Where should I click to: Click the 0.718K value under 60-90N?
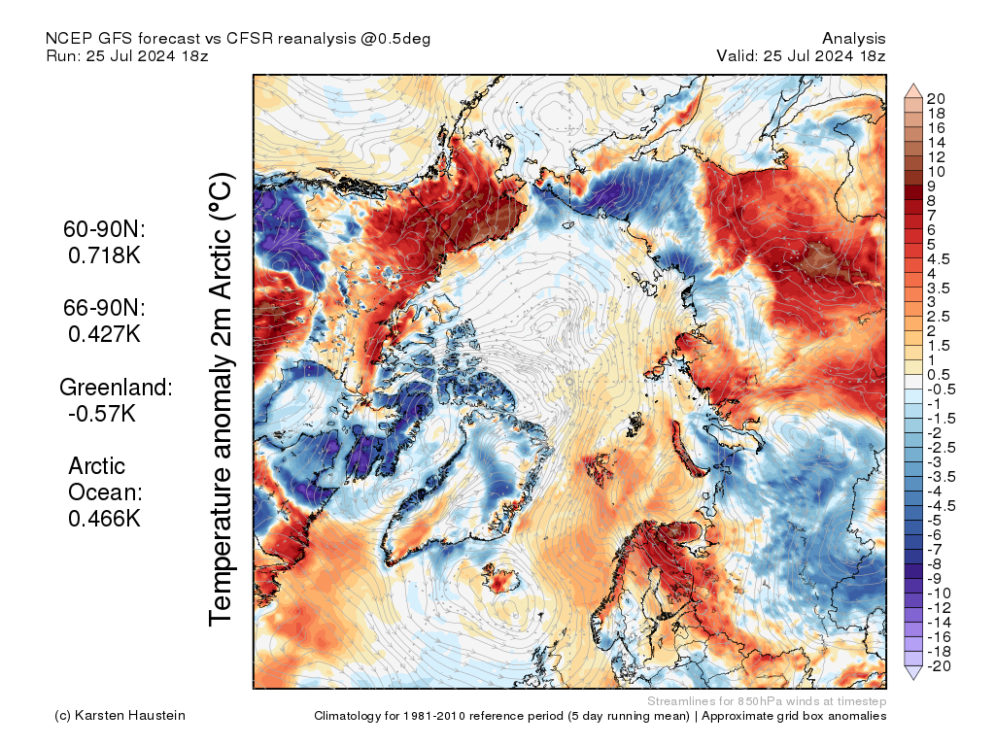pyautogui.click(x=105, y=256)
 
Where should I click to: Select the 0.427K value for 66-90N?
pyautogui.click(x=105, y=334)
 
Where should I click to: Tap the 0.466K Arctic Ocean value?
pyautogui.click(x=105, y=518)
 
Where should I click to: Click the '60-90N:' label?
pyautogui.click(x=103, y=230)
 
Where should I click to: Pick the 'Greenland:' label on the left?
pyautogui.click(x=117, y=387)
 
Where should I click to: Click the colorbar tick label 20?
pyautogui.click(x=937, y=98)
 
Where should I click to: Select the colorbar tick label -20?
pyautogui.click(x=939, y=665)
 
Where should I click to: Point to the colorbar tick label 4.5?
pyautogui.click(x=940, y=258)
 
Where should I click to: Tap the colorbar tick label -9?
pyautogui.click(x=935, y=578)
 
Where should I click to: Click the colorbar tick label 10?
pyautogui.click(x=936, y=171)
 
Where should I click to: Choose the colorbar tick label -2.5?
pyautogui.click(x=940, y=447)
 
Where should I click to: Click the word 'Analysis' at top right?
pyautogui.click(x=853, y=38)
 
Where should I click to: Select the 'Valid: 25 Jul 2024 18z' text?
pyautogui.click(x=801, y=55)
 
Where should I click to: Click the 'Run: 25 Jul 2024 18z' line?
pyautogui.click(x=126, y=55)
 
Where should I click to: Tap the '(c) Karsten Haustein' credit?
pyautogui.click(x=120, y=716)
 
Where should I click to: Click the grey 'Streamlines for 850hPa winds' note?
pyautogui.click(x=767, y=701)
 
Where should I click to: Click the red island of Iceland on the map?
pyautogui.click(x=503, y=582)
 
